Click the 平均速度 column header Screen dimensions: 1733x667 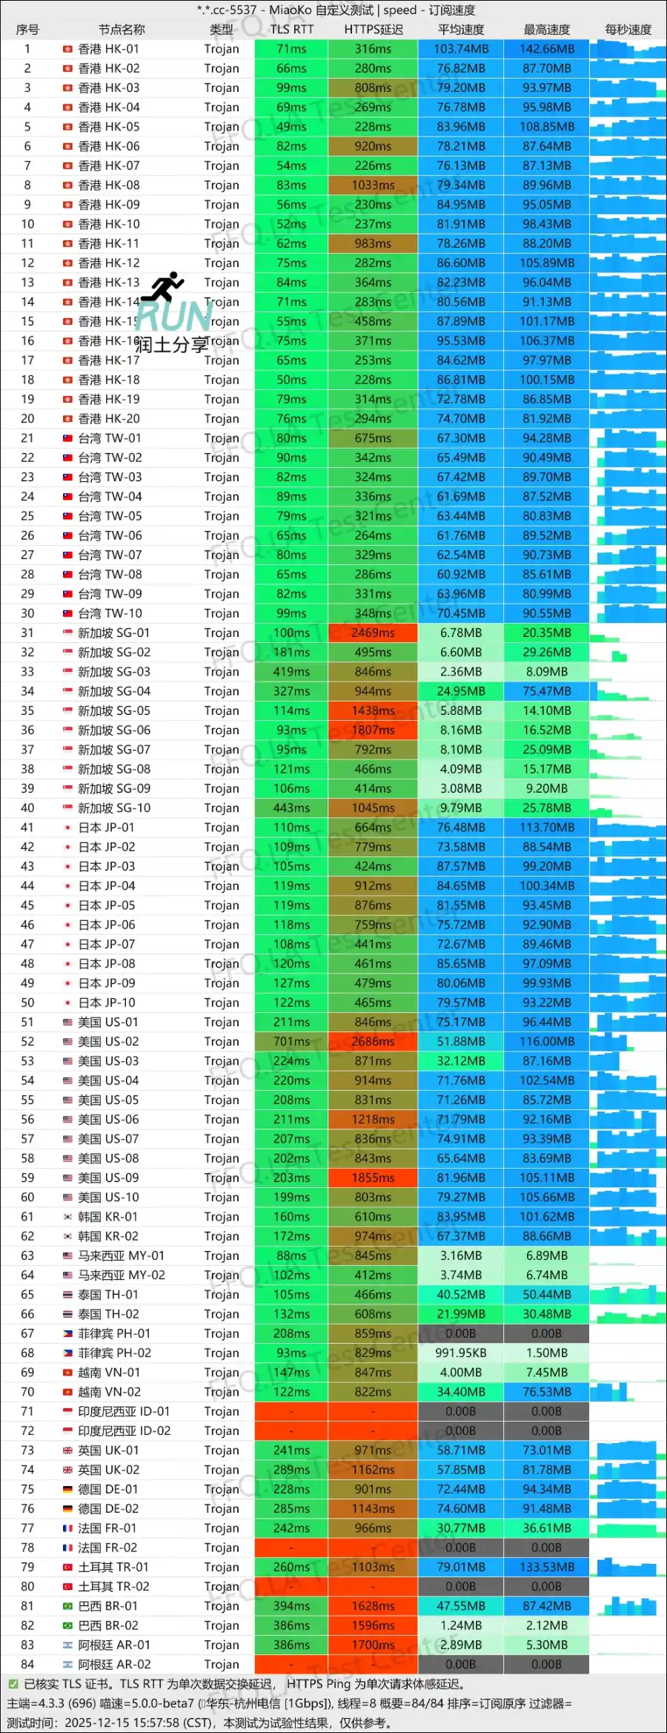coord(460,30)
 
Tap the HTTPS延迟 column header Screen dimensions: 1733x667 coord(374,30)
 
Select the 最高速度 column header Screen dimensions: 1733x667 coord(547,30)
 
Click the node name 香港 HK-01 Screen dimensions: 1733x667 coord(108,49)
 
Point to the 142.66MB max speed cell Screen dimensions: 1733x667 coord(547,49)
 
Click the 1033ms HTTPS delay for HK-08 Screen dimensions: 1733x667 coord(373,185)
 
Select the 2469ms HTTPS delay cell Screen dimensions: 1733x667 coord(373,633)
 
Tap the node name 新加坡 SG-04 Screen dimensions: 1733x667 coord(114,691)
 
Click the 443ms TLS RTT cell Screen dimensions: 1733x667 coord(291,808)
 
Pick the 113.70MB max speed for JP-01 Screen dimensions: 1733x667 coord(547,828)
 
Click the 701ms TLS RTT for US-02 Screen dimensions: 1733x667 coord(291,1041)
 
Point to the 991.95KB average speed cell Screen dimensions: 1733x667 coord(460,1353)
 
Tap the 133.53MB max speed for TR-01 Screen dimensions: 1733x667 coord(547,1567)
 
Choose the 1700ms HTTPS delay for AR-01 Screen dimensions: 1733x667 coord(373,1645)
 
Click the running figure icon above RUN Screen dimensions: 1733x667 coord(167,286)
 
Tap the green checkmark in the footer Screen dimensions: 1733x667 coord(13,1683)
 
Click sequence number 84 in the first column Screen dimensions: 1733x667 coord(27,1664)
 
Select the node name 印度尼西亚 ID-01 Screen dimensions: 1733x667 coord(124,1411)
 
